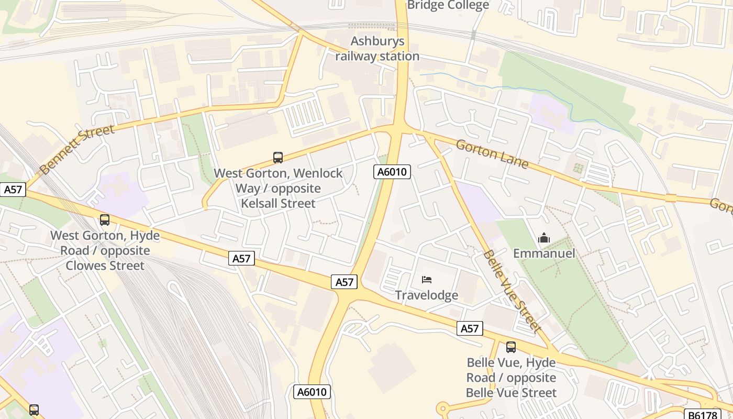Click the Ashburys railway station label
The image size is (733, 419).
(x=377, y=49)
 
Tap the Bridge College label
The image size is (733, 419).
(x=448, y=5)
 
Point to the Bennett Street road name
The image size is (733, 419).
(x=76, y=150)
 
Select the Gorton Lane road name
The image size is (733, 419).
(x=492, y=153)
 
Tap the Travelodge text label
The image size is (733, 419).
(x=426, y=295)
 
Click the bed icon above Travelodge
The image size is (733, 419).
(x=427, y=280)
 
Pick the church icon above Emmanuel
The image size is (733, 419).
(x=544, y=238)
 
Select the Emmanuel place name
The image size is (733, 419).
(x=544, y=253)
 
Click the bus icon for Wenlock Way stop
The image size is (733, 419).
(x=278, y=157)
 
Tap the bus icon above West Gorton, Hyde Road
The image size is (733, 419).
(x=105, y=220)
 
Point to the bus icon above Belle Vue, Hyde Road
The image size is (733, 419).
(x=510, y=347)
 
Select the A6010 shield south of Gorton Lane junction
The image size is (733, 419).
(x=392, y=172)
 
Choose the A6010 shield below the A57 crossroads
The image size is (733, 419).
(x=312, y=392)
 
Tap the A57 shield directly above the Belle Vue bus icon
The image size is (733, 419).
(x=469, y=328)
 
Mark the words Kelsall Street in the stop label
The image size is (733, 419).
(x=278, y=203)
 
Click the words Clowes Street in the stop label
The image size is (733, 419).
(x=105, y=266)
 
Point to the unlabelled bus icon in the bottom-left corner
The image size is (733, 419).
(x=34, y=410)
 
